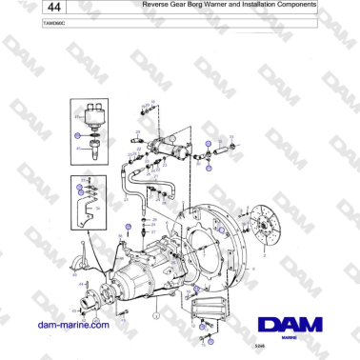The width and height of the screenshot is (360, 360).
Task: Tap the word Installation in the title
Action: (x=254, y=5)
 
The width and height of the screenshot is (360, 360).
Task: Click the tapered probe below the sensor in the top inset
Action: (x=92, y=149)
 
